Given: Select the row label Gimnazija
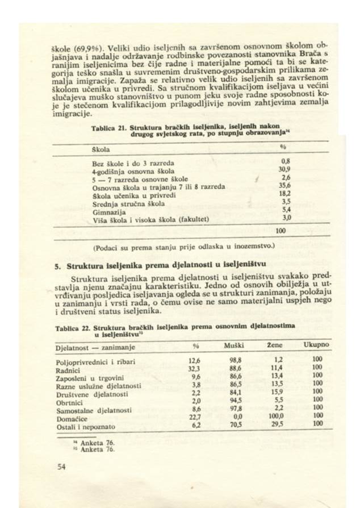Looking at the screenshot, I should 108,210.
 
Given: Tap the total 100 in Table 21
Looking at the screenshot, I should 280,232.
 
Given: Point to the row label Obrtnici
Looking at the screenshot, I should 71,401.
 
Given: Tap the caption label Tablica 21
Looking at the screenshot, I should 108,128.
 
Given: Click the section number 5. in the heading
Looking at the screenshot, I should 58,265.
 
